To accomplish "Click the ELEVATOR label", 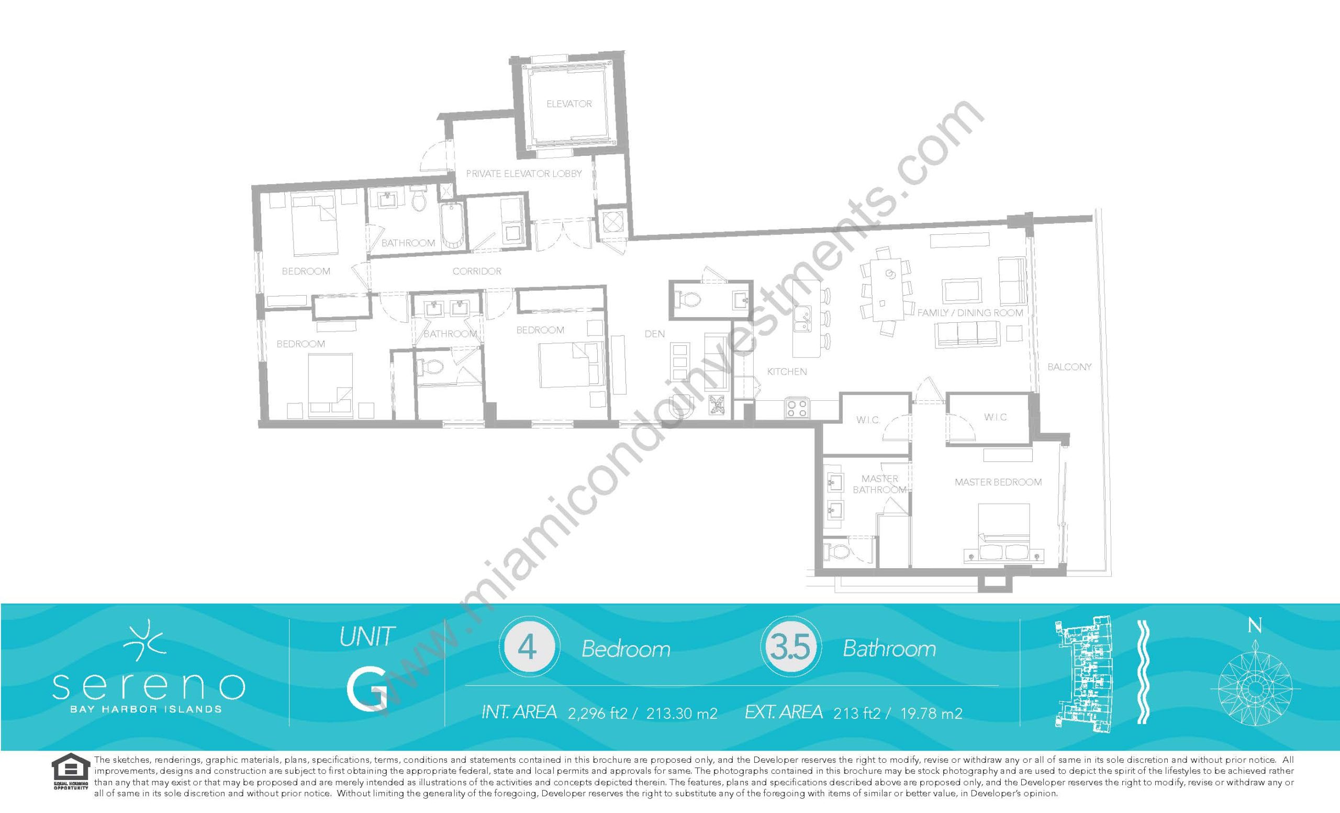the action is tap(569, 103).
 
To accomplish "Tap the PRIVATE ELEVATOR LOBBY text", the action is tap(524, 173).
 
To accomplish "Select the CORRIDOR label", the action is tap(477, 270).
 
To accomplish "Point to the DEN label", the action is tap(655, 334).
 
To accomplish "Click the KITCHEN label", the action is tap(787, 372).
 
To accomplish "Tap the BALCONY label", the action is tap(1069, 367).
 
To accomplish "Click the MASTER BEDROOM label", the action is tap(998, 482).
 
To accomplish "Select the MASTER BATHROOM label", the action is tap(879, 484).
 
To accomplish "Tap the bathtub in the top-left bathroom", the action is tap(453, 226).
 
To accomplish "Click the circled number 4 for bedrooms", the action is tap(527, 648).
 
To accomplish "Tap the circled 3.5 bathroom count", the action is tap(791, 648).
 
